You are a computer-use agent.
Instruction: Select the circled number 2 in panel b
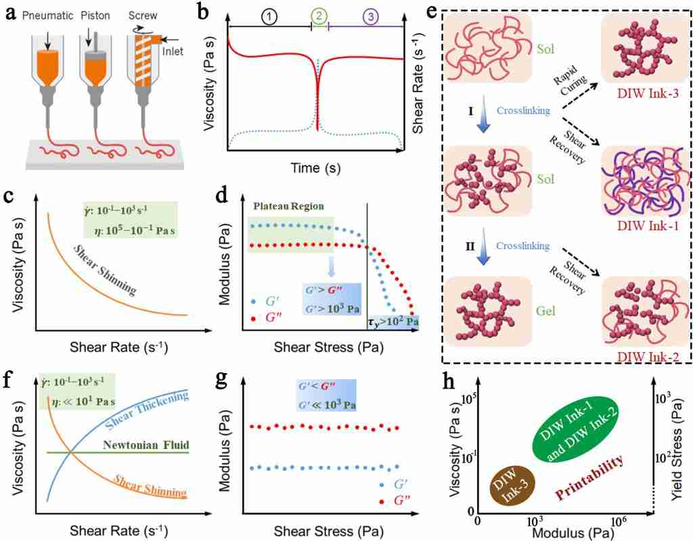[x=319, y=14]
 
